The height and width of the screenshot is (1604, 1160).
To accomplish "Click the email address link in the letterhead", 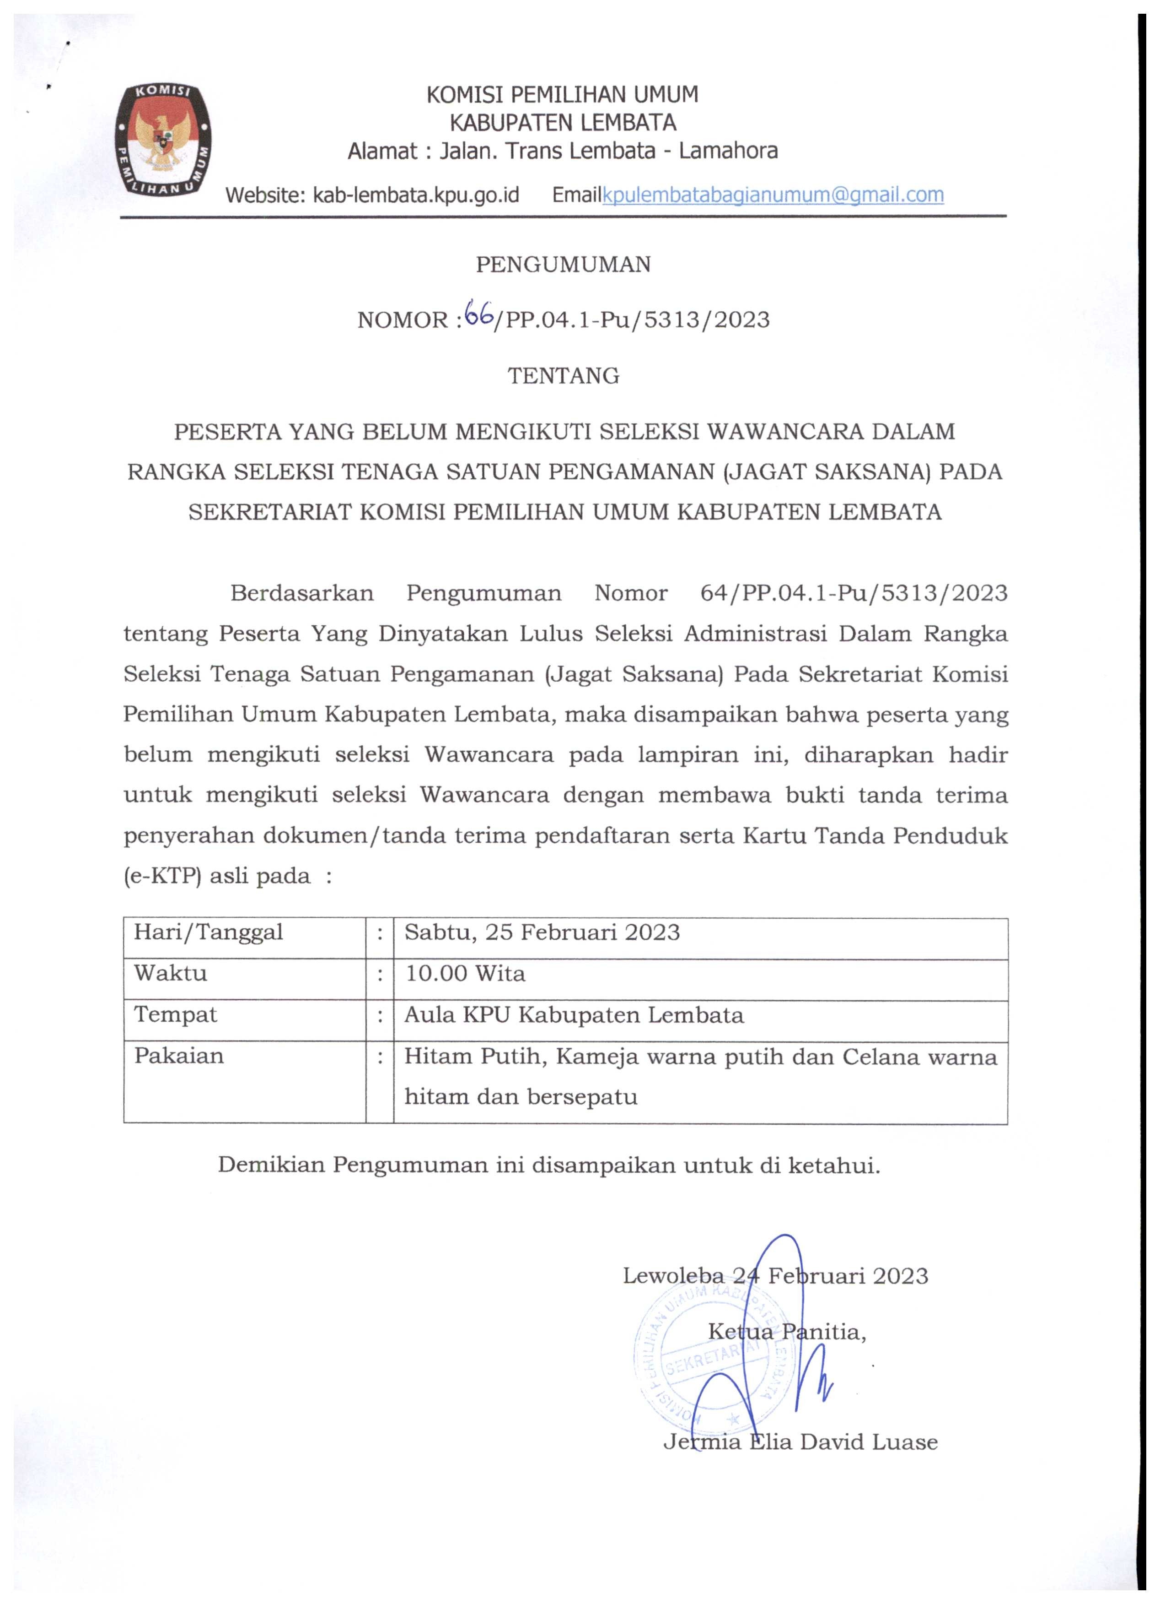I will pos(773,195).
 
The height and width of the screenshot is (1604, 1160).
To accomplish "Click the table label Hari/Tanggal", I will pos(209,932).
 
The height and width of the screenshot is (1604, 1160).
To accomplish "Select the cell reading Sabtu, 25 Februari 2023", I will pos(542,932).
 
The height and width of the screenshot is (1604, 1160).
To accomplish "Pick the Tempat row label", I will pos(175,1015).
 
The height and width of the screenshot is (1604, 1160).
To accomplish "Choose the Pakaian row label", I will pos(179,1056).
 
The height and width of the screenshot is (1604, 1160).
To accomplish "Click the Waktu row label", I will pos(170,974).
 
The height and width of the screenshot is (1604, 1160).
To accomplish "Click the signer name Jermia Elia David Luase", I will pos(800,1442).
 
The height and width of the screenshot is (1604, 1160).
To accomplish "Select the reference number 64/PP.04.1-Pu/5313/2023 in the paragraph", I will pos(853,593).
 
